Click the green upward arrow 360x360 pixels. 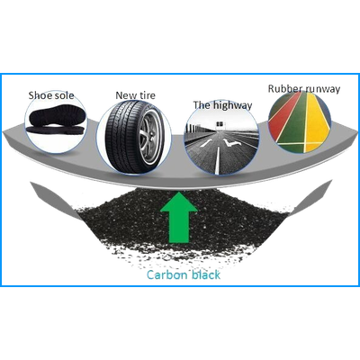click(x=179, y=217)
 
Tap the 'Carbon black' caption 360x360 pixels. click(x=184, y=274)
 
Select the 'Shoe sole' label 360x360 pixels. click(x=51, y=95)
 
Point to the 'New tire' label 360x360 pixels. click(x=136, y=95)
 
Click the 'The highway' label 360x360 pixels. click(x=222, y=105)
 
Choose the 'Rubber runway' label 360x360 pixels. click(x=304, y=89)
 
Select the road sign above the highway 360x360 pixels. click(x=220, y=123)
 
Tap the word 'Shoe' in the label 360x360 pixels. click(x=40, y=95)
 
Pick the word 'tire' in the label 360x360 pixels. click(x=147, y=95)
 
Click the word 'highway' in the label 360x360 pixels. click(x=233, y=105)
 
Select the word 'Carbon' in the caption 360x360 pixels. click(x=167, y=274)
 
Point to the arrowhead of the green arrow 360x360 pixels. click(x=179, y=202)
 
